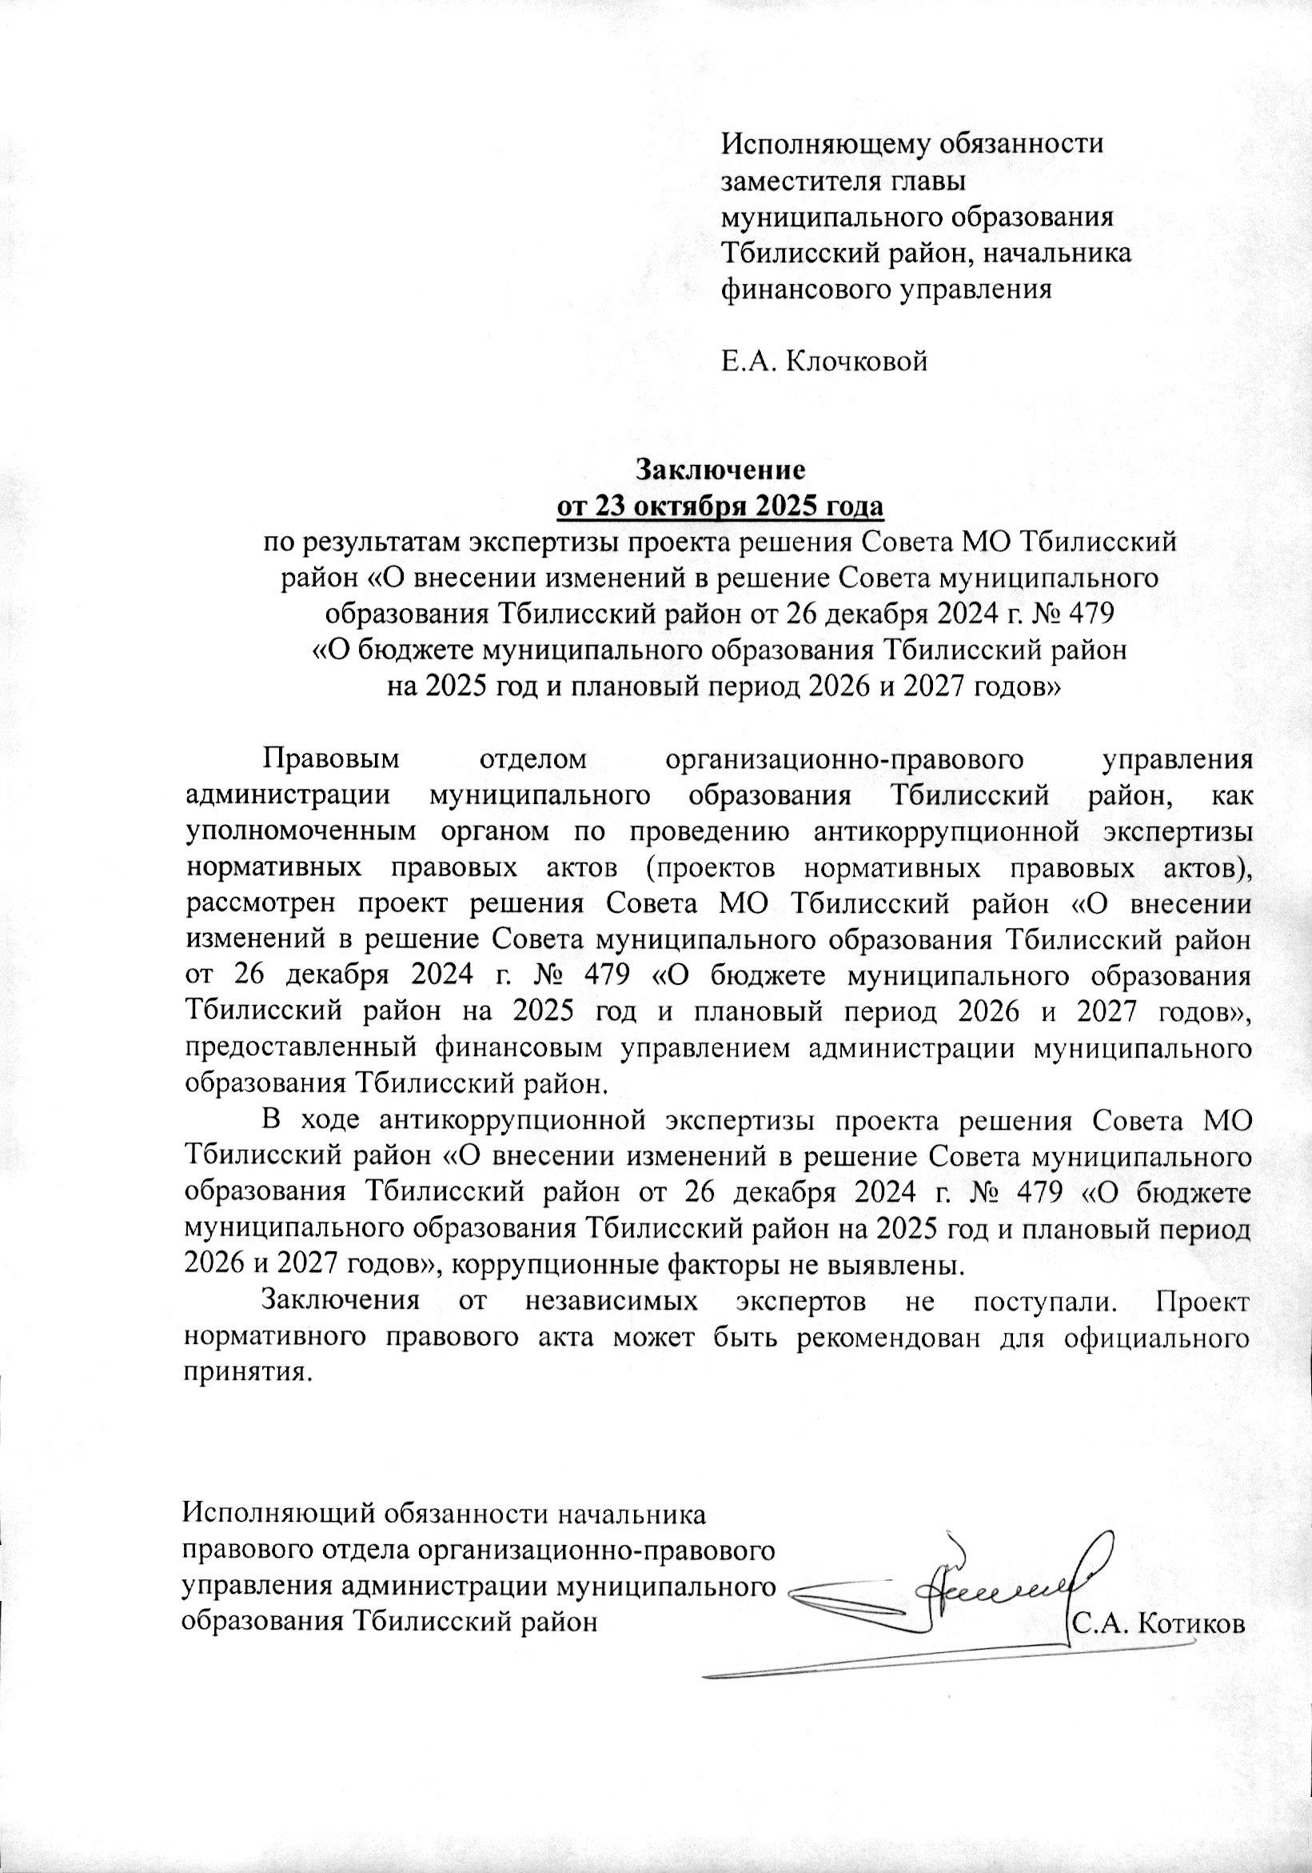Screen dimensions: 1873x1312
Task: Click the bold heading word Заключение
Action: (720, 470)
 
